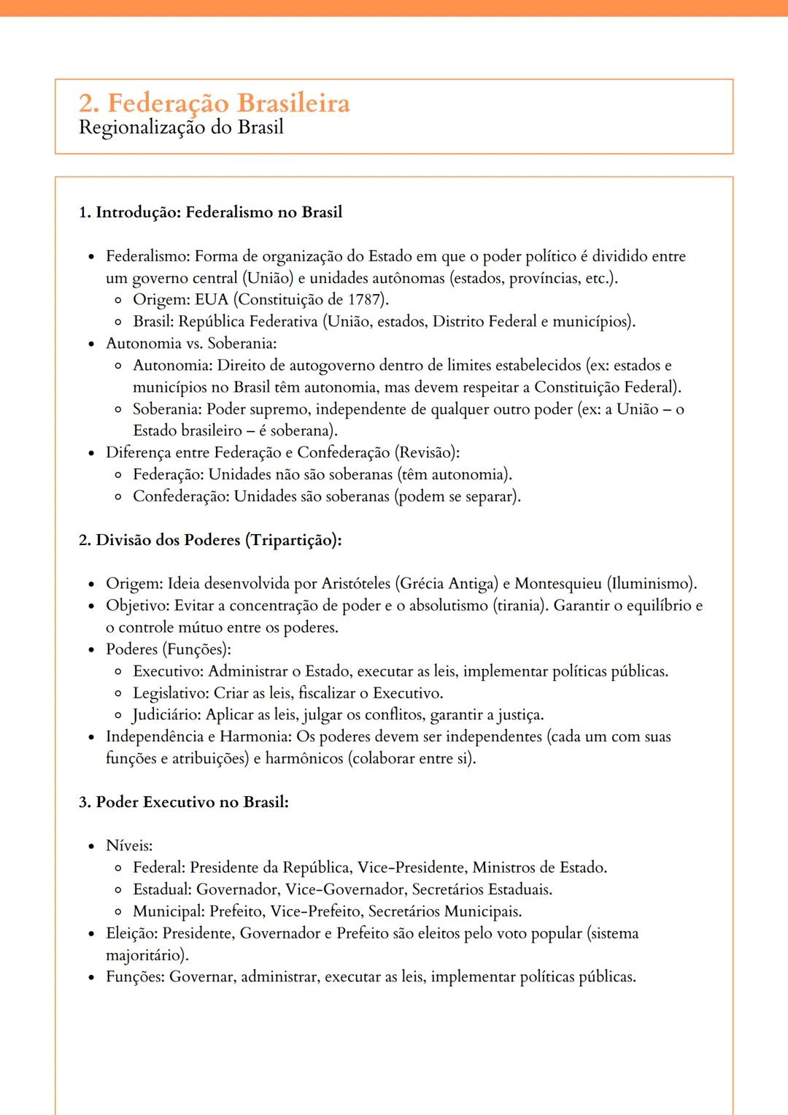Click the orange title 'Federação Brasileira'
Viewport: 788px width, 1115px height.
(x=228, y=103)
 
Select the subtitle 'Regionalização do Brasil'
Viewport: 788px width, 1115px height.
(x=181, y=128)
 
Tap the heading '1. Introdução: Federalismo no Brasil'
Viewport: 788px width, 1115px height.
(x=210, y=212)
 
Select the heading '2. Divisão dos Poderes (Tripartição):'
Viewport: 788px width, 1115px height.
(x=210, y=540)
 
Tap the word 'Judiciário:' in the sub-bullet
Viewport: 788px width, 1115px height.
(x=166, y=715)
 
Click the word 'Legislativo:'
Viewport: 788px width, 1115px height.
(x=171, y=693)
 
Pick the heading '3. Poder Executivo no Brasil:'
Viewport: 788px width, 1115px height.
(x=184, y=802)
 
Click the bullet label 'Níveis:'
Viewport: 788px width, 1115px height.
(x=129, y=846)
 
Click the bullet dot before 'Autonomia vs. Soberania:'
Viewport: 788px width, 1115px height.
(x=91, y=344)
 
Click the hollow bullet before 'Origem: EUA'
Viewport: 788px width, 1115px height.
(x=118, y=300)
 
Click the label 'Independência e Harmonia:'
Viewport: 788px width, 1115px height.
(x=198, y=737)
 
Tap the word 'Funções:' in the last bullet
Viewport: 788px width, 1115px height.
(x=135, y=977)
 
